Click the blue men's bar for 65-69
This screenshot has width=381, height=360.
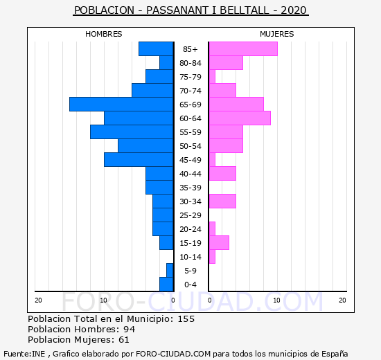tap(121, 105)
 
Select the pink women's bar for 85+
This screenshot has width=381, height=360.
tap(243, 49)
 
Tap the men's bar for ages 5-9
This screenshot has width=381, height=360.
tap(170, 271)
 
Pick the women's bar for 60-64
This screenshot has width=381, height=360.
tap(240, 118)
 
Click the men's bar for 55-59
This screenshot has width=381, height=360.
tap(132, 132)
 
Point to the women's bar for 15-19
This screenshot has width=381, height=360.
tap(219, 243)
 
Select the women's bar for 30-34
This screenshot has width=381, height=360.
tap(222, 201)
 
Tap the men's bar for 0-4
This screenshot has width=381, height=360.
tap(166, 285)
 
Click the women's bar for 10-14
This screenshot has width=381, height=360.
tap(212, 257)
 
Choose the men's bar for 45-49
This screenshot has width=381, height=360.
tap(139, 160)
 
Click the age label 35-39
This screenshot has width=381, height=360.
tap(190, 188)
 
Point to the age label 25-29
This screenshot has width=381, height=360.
tap(190, 215)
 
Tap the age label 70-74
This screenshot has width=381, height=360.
tap(190, 91)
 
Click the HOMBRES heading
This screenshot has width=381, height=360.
tap(103, 34)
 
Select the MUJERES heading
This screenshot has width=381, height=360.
tap(277, 34)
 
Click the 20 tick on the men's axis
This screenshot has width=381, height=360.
tap(38, 300)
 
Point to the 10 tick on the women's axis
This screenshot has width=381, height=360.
tap(276, 300)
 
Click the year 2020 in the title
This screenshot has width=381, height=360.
tap(294, 10)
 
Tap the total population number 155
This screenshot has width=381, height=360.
tap(186, 318)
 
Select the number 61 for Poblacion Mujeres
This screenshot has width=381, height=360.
tap(124, 340)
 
